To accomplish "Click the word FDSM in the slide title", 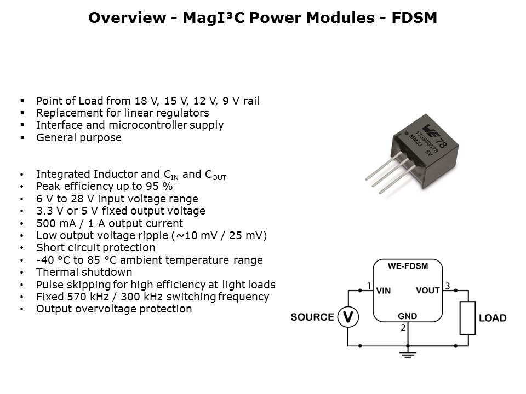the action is point(414,18).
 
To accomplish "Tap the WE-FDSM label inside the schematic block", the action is point(408,266).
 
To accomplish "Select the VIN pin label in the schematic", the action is point(384,291).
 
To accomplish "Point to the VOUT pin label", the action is point(428,291).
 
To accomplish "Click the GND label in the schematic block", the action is point(408,316).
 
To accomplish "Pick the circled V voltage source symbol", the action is point(348,317).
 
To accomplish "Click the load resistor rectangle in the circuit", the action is point(467,318).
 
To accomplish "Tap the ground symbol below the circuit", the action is point(408,354).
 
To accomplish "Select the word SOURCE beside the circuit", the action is point(312,317).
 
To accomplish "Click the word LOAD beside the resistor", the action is point(493,318).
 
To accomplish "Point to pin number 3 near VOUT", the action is point(447,286).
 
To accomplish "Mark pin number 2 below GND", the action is point(403,328).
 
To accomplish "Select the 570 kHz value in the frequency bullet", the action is point(88,297).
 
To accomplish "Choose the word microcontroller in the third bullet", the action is point(148,125).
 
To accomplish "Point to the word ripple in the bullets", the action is point(153,236).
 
